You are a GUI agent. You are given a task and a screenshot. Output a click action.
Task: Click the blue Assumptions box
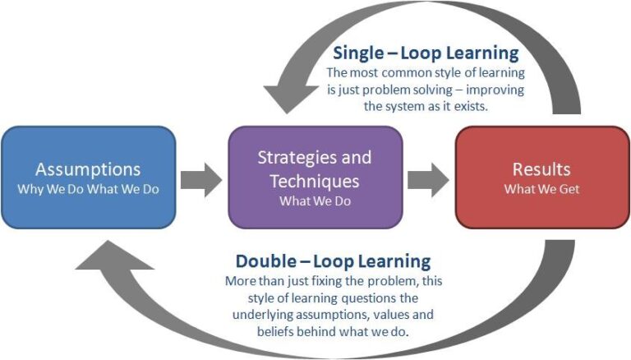click(x=89, y=178)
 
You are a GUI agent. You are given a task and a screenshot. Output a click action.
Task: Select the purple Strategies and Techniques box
click(x=315, y=178)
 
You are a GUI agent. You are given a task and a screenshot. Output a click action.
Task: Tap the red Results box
click(x=541, y=178)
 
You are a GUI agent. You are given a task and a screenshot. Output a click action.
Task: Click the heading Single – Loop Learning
click(x=426, y=54)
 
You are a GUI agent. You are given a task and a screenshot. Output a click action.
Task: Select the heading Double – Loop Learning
click(x=333, y=261)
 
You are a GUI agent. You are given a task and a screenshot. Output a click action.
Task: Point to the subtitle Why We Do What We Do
click(x=89, y=189)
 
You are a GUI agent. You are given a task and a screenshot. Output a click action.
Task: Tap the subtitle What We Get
click(x=541, y=189)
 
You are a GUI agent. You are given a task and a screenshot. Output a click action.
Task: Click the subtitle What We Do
click(x=315, y=200)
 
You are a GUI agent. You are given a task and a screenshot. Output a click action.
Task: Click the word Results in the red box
click(x=541, y=170)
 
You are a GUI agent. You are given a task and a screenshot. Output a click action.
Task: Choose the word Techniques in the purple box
click(x=315, y=180)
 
